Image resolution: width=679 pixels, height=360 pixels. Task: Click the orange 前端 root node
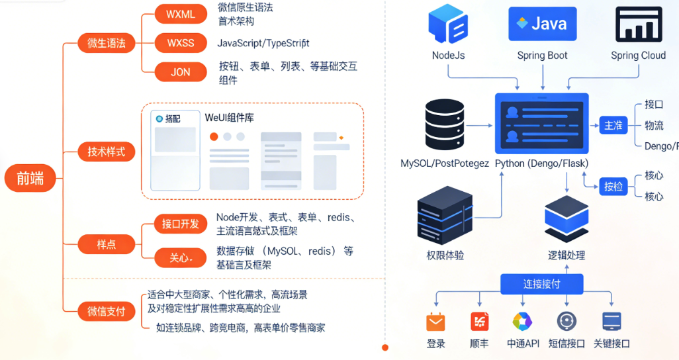(30, 179)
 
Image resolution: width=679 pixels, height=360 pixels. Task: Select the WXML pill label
(181, 15)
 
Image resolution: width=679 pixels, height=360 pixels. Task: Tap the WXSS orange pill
(181, 43)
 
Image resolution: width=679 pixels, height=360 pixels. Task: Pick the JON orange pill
(181, 72)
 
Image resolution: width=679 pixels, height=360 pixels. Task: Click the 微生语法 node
(106, 44)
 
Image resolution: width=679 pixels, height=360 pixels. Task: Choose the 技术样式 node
(106, 152)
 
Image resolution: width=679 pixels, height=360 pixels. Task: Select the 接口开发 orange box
(181, 224)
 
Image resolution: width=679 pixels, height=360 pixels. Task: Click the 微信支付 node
(106, 311)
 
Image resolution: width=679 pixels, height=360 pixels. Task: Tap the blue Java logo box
(542, 24)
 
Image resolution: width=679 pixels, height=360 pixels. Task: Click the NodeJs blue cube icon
(448, 24)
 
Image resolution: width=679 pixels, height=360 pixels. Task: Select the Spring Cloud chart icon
(638, 24)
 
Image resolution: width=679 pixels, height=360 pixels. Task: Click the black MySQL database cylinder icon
(444, 124)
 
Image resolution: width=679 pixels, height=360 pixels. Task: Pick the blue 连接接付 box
(542, 284)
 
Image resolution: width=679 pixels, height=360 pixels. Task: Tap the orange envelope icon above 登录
(435, 322)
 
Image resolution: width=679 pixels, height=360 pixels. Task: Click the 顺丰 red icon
(479, 322)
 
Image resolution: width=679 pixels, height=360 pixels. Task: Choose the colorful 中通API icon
(523, 322)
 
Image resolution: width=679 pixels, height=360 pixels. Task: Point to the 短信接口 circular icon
(567, 322)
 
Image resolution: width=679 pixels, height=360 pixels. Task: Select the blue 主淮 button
(613, 125)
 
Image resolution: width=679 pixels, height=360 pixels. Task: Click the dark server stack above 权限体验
(445, 213)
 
